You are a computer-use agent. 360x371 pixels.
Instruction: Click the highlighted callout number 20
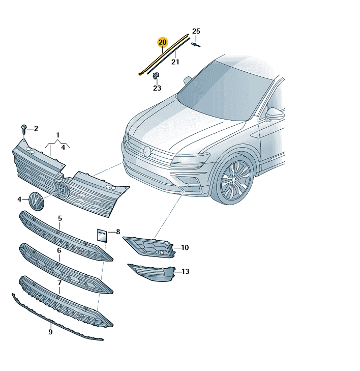pyautogui.click(x=162, y=42)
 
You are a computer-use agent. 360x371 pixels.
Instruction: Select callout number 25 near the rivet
pyautogui.click(x=196, y=31)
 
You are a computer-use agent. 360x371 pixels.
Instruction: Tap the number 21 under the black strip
pyautogui.click(x=175, y=62)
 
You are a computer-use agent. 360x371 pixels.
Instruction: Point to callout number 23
pyautogui.click(x=157, y=88)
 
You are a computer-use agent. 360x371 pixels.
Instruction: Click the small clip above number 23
pyautogui.click(x=156, y=75)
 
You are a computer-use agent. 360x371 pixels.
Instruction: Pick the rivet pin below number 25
pyautogui.click(x=195, y=44)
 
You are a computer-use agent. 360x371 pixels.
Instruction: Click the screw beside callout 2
pyautogui.click(x=24, y=129)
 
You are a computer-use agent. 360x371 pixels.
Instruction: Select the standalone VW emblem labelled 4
pyautogui.click(x=37, y=201)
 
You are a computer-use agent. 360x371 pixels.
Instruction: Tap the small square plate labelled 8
pyautogui.click(x=102, y=236)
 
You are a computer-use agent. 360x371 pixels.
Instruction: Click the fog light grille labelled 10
pyautogui.click(x=150, y=247)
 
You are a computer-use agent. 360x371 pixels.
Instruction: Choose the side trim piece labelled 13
pyautogui.click(x=152, y=273)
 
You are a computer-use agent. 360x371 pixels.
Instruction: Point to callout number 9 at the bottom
pyautogui.click(x=50, y=332)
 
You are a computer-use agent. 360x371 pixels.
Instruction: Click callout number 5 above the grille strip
pyautogui.click(x=60, y=218)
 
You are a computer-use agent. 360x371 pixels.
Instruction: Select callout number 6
pyautogui.click(x=59, y=250)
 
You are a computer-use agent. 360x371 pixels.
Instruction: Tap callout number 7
pyautogui.click(x=59, y=283)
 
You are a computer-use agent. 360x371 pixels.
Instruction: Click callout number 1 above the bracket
pyautogui.click(x=57, y=135)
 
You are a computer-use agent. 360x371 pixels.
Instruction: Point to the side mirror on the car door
pyautogui.click(x=275, y=115)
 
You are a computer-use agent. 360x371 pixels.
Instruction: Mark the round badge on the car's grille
pyautogui.click(x=147, y=152)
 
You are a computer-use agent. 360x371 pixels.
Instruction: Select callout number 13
pyautogui.click(x=186, y=271)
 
